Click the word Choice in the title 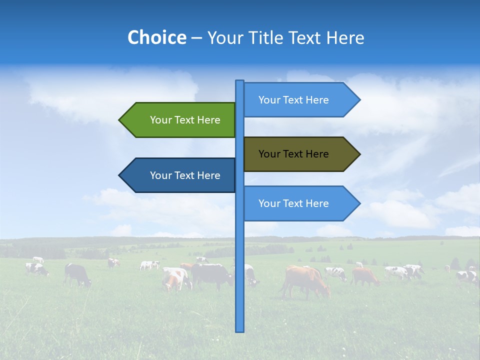coord(156,37)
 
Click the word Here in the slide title coord(345,37)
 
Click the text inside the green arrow coord(185,120)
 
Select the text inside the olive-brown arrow coord(293,154)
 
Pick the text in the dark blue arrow coord(185,175)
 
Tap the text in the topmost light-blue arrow coord(293,100)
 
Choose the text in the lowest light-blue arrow coord(293,203)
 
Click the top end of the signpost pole coord(239,81)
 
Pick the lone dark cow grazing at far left coord(77,274)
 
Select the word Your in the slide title coord(223,37)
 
